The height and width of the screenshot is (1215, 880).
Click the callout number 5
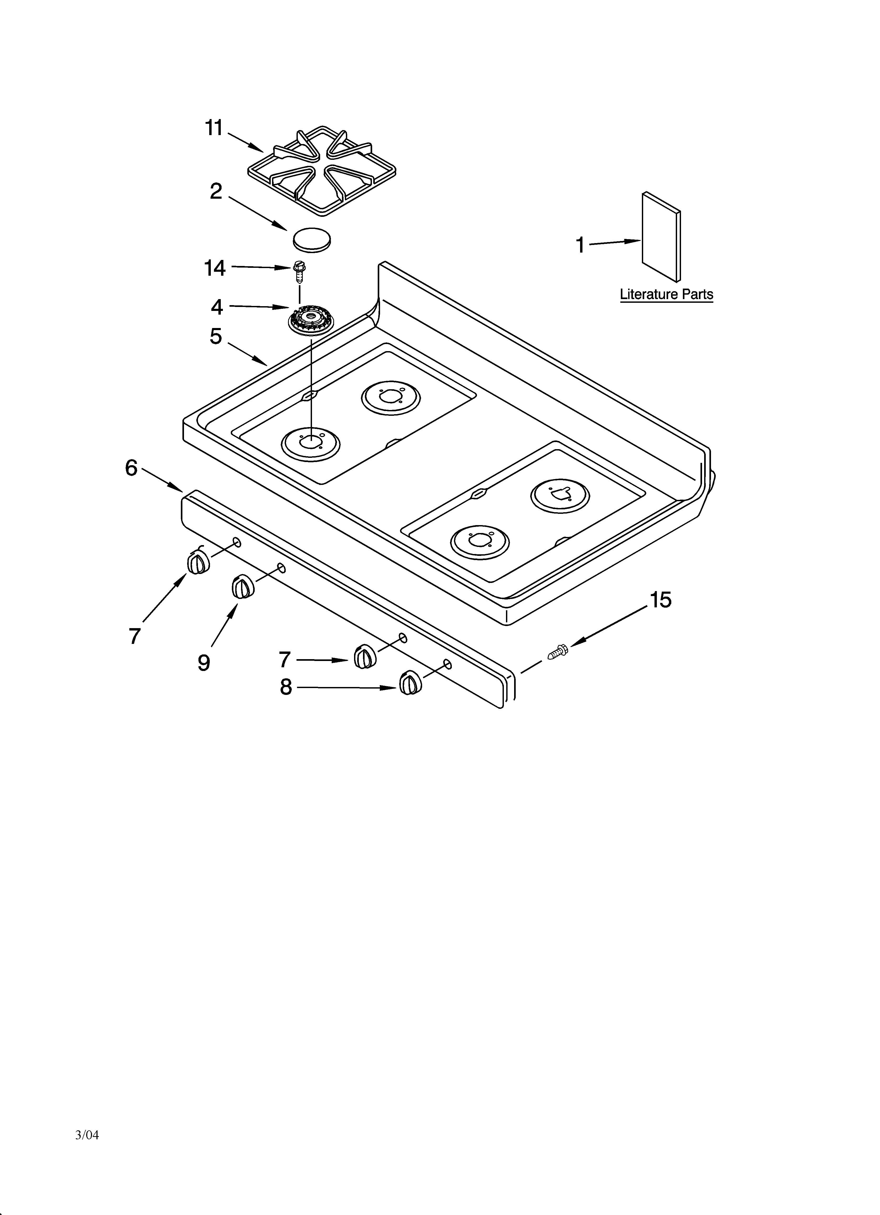216,336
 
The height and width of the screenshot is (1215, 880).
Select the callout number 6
131,468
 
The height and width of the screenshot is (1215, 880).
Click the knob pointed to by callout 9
243,587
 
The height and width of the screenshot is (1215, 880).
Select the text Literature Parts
666,294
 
